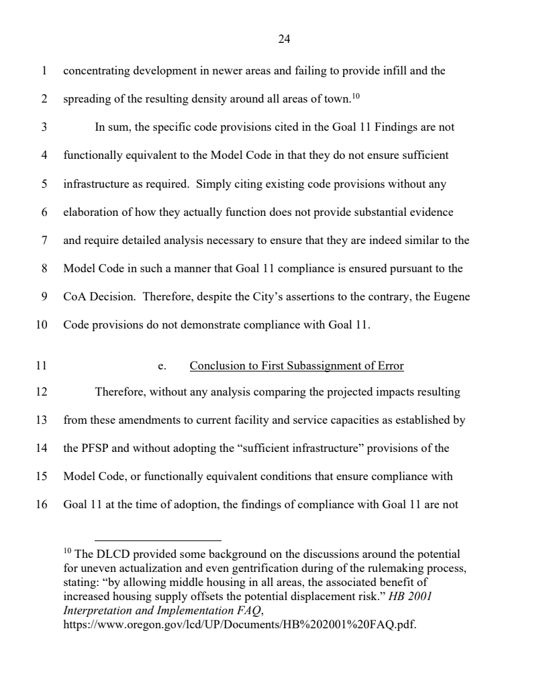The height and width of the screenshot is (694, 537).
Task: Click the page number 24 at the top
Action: point(283,40)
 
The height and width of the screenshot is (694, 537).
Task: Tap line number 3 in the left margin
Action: point(44,127)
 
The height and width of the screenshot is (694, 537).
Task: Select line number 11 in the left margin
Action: point(42,366)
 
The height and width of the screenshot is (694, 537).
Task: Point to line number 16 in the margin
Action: point(42,505)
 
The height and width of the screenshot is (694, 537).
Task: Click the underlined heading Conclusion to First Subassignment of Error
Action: point(297,366)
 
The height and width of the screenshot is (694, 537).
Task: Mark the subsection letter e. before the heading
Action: point(161,366)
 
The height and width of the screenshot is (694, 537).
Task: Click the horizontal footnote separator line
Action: point(158,540)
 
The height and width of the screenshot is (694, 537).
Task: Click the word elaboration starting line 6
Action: point(90,212)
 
